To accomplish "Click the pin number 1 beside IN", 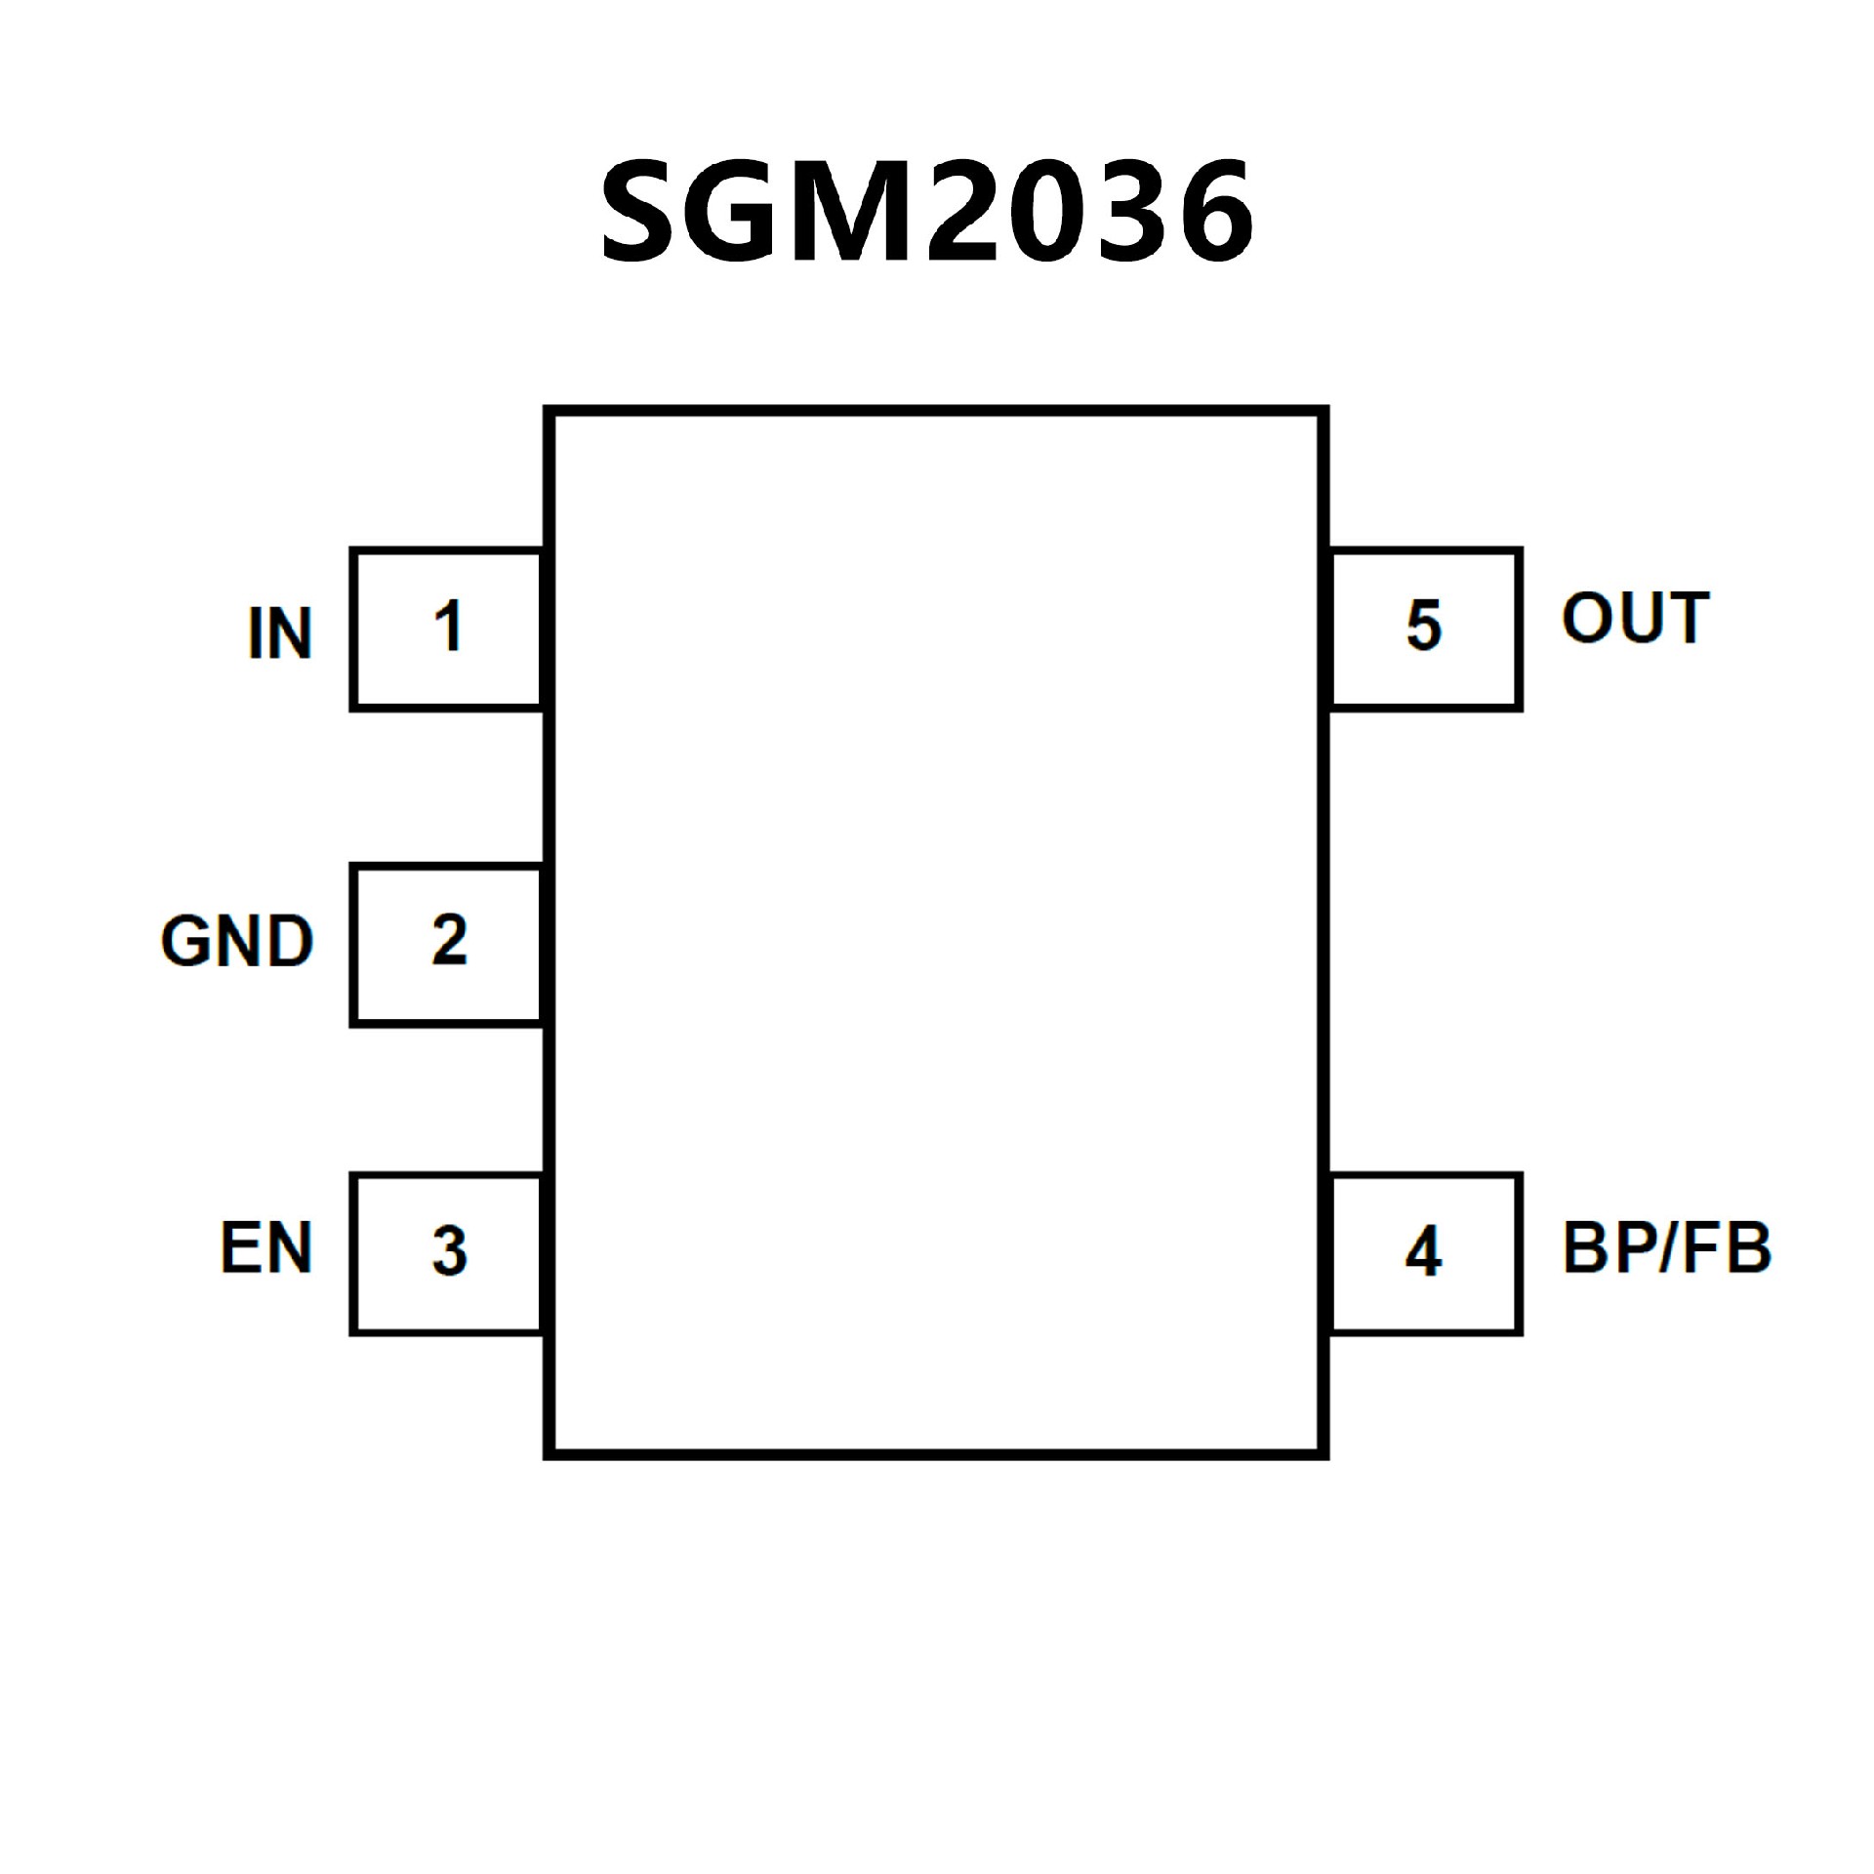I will (x=448, y=626).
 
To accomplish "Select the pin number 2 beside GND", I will (x=449, y=940).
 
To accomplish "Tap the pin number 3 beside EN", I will (x=449, y=1250).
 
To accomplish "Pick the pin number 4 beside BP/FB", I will (x=1423, y=1250).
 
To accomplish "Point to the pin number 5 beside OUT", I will (x=1424, y=626).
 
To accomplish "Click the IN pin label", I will (x=279, y=633).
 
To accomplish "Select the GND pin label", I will (x=237, y=942).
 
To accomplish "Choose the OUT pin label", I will (x=1635, y=618).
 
